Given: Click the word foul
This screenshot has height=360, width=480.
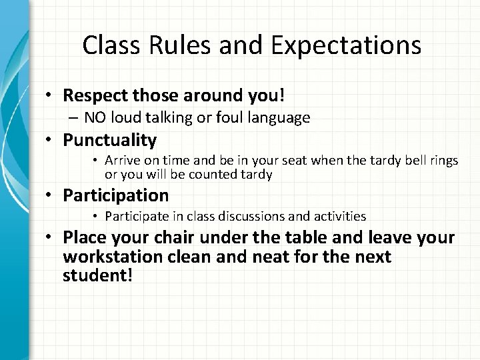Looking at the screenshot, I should [226, 118].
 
